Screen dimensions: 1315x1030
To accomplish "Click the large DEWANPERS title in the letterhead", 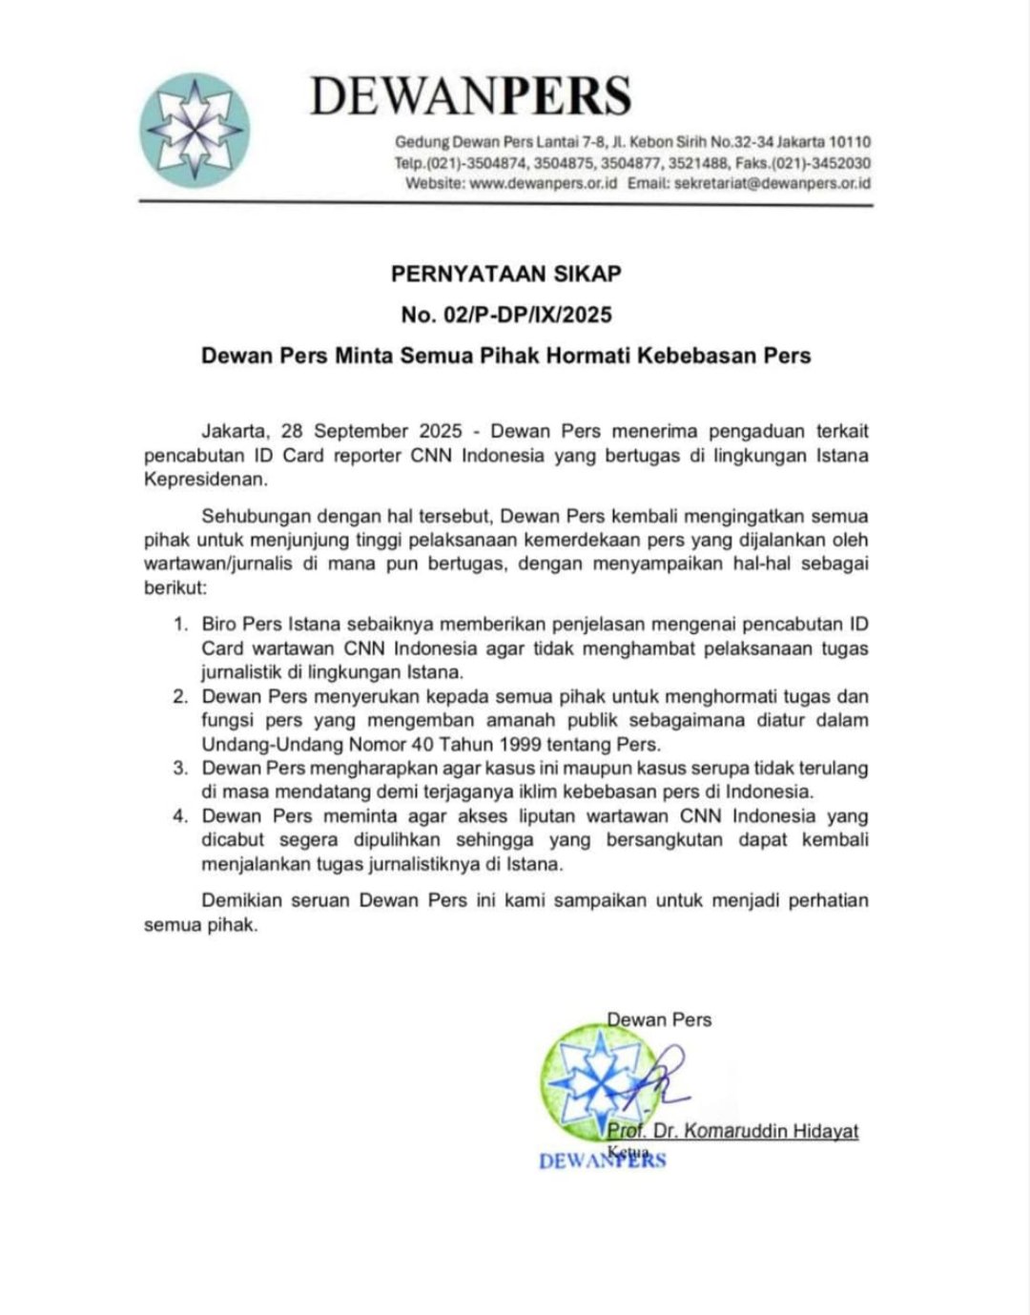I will point(470,96).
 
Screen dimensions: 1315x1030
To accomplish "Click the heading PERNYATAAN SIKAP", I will point(505,274).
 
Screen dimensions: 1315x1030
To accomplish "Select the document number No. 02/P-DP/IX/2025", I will point(505,315).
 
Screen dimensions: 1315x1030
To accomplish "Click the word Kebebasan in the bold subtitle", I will point(691,356).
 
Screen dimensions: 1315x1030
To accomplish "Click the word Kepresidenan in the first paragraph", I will point(199,479).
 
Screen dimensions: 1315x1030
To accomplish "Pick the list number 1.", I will point(179,625).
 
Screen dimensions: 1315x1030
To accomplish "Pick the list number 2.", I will point(179,697).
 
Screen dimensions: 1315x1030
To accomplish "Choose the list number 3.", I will point(179,769).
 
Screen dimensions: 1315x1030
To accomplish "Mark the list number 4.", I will point(179,816).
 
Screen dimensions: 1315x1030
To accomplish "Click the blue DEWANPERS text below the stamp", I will point(602,1161).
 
